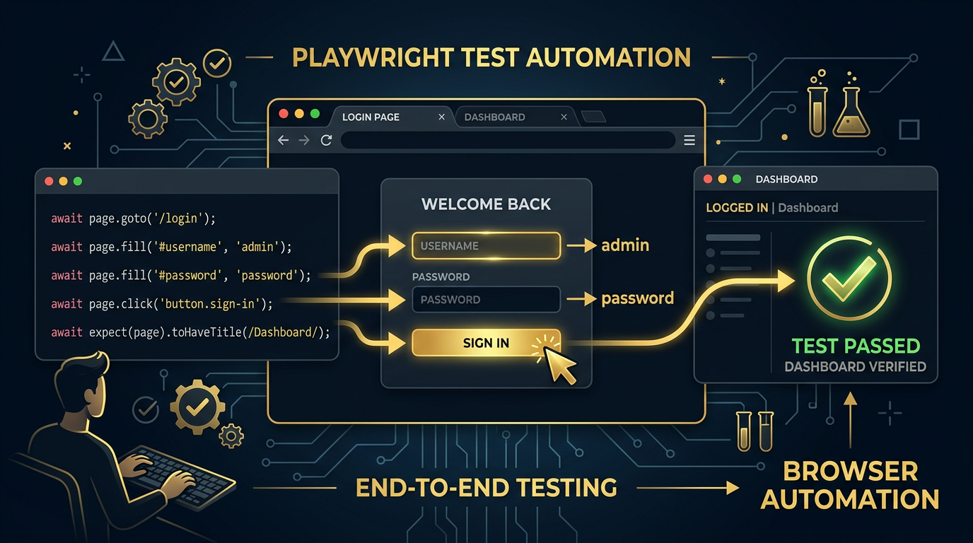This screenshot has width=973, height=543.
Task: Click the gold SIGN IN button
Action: (x=486, y=343)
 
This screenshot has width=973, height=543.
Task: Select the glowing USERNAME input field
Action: (x=486, y=246)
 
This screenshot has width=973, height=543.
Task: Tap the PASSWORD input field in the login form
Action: (x=486, y=300)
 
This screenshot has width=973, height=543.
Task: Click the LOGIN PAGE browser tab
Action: (x=371, y=117)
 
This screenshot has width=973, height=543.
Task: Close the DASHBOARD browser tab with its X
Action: (x=564, y=117)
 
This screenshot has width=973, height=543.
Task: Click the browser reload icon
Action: (x=326, y=141)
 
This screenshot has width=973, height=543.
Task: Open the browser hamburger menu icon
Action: (x=689, y=141)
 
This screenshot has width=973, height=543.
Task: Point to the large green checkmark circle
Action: (x=849, y=278)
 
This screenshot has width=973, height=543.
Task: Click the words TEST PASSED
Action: (x=855, y=346)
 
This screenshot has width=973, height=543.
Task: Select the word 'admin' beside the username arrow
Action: (x=625, y=245)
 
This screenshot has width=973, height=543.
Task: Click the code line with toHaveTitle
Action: (x=190, y=332)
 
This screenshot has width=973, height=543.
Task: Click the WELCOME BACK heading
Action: (x=486, y=204)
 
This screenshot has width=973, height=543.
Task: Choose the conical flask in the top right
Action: (x=851, y=113)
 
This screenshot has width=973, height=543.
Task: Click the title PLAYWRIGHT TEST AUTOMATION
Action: (x=491, y=57)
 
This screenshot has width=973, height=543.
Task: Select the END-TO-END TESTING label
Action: (x=486, y=487)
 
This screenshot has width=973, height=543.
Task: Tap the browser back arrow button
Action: (x=283, y=141)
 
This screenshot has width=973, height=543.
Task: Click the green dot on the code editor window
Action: (x=78, y=182)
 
